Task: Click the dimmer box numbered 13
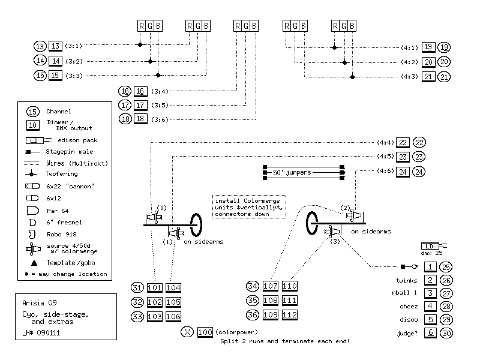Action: [55, 46]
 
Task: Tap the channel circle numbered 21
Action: [444, 77]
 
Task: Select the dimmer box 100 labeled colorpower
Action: [205, 332]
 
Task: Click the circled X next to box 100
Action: [187, 332]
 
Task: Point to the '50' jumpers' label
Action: [292, 172]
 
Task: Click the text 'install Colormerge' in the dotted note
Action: [247, 201]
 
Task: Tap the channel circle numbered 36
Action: [253, 314]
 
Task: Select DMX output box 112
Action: [290, 314]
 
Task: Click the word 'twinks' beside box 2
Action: [406, 280]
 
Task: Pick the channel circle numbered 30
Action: [446, 333]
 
